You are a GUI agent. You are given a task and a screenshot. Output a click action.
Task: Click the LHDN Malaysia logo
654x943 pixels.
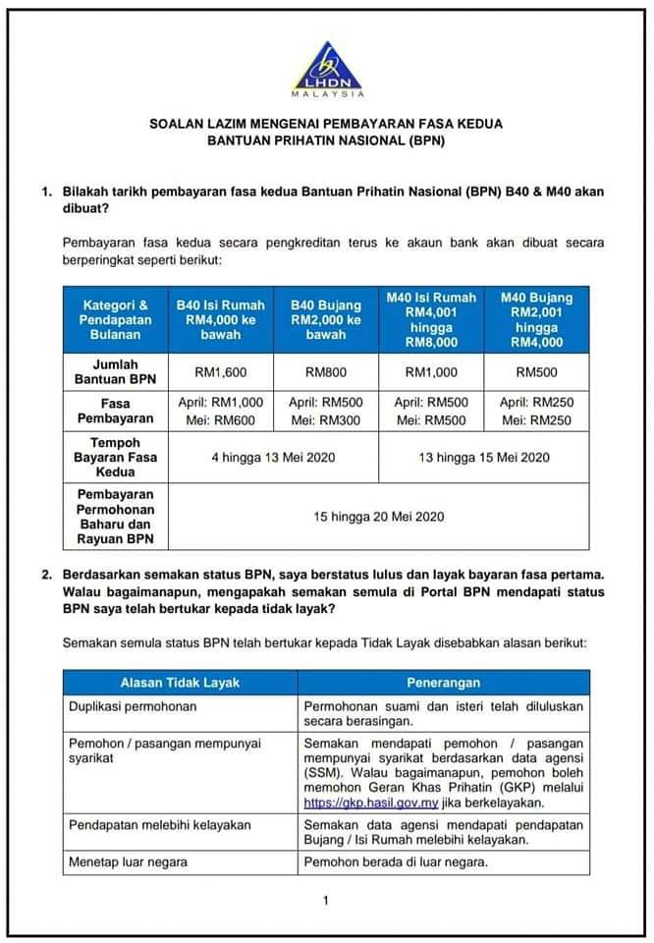point(327,68)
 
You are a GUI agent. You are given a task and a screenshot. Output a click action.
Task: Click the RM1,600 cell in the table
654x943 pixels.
point(221,373)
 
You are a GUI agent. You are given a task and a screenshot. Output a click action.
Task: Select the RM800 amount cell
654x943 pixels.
point(326,373)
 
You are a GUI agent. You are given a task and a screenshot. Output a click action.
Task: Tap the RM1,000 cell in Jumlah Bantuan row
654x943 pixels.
point(431,373)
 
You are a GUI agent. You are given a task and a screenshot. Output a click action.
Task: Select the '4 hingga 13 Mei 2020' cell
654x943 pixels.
point(273,457)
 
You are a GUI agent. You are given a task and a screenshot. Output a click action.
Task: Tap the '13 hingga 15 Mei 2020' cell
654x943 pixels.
point(484,457)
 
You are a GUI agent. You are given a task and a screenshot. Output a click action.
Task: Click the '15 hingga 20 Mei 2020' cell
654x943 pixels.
point(379,516)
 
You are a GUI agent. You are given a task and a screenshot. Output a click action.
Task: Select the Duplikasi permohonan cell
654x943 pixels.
point(133,706)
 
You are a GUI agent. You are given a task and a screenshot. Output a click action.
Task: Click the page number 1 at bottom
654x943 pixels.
point(326,901)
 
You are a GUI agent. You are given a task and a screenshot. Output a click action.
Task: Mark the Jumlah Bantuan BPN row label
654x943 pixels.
point(115,373)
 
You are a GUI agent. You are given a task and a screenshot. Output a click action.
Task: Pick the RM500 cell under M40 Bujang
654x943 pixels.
point(536,373)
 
